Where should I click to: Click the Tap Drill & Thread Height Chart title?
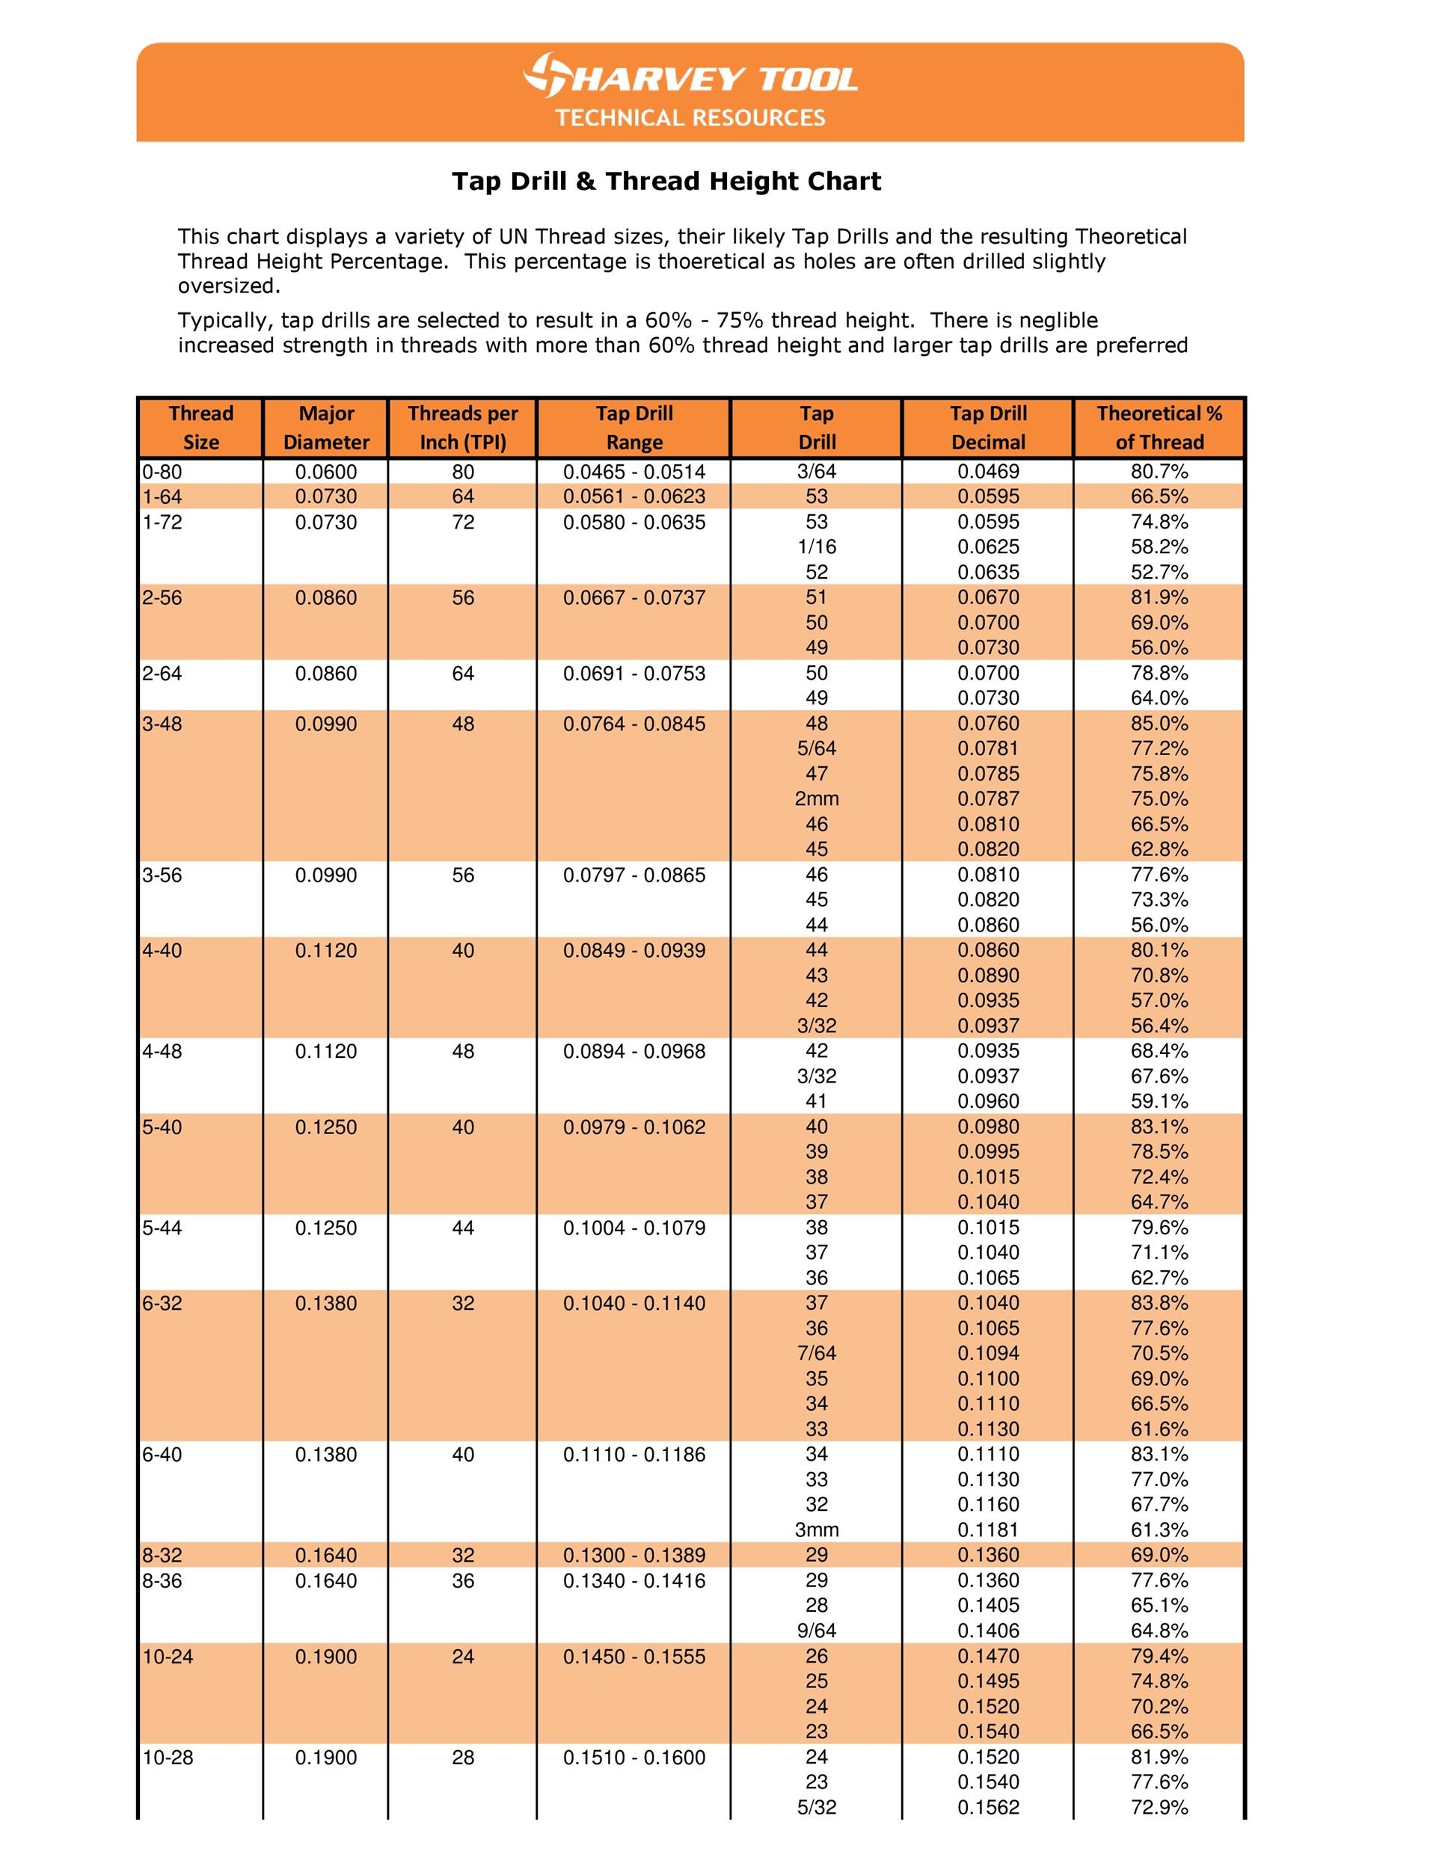pos(666,182)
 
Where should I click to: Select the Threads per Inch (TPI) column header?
pos(462,428)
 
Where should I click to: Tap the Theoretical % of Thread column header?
pos(1159,428)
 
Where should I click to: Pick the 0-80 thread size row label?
pos(162,472)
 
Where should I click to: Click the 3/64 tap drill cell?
pos(817,472)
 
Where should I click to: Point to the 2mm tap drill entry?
pos(817,798)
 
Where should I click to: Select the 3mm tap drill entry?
pos(817,1530)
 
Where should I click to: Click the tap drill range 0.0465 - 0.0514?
pos(634,472)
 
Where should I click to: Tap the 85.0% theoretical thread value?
pos(1159,723)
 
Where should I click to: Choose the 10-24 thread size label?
pos(168,1656)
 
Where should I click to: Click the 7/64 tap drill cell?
pos(817,1353)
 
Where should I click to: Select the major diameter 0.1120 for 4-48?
pos(326,1051)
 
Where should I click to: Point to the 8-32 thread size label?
pos(162,1555)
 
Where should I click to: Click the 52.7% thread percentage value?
pos(1159,572)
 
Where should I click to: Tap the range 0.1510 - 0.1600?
pos(634,1757)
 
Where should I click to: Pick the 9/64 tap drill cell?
pos(817,1631)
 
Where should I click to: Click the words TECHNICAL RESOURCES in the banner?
pos(690,117)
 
